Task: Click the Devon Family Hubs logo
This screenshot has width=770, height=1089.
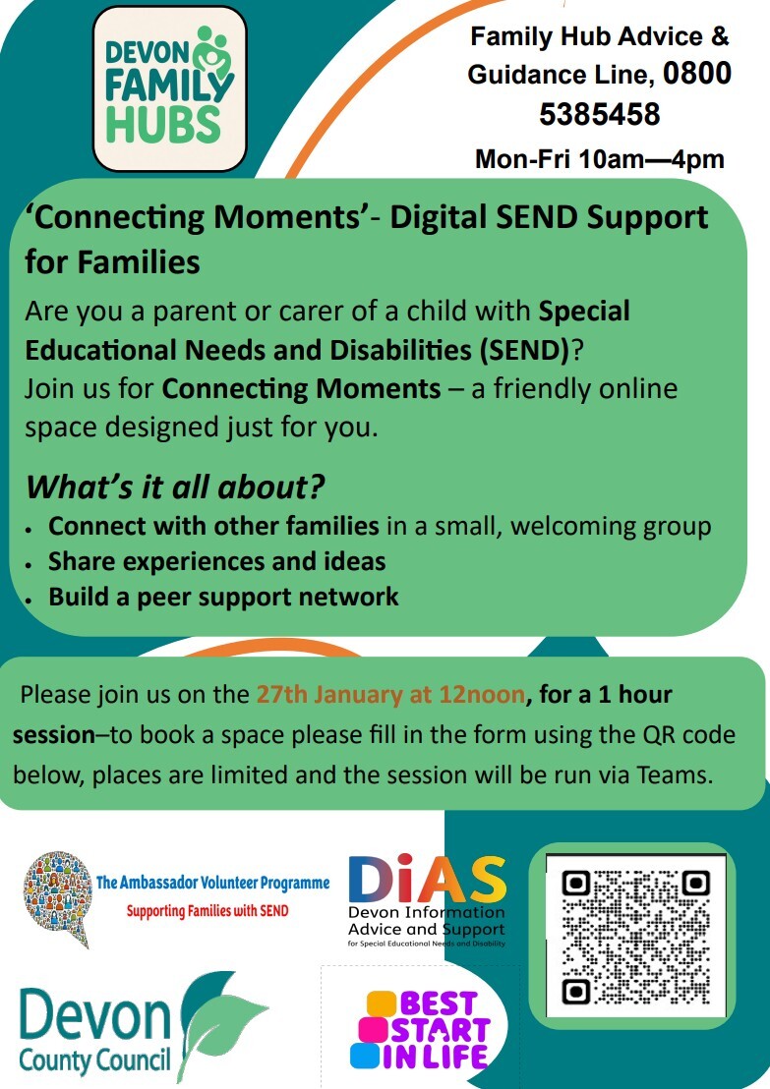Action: [x=168, y=88]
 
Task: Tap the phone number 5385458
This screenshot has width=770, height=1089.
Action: [x=599, y=115]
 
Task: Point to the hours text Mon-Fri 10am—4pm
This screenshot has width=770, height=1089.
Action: [x=599, y=159]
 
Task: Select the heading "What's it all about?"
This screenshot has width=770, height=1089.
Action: [x=175, y=487]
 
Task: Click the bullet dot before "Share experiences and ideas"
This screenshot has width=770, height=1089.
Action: [x=31, y=564]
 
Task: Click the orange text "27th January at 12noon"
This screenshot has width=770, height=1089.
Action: [x=390, y=695]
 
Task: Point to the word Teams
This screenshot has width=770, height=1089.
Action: [x=673, y=774]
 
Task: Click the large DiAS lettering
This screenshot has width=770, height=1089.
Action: [x=427, y=881]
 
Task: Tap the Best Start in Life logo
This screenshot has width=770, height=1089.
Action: [x=420, y=1029]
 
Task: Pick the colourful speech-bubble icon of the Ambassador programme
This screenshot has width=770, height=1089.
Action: [x=57, y=894]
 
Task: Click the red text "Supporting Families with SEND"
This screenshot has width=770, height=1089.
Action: [x=207, y=911]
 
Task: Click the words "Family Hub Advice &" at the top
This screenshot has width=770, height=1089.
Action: [x=599, y=37]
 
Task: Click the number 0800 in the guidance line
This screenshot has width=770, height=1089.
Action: [x=697, y=75]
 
